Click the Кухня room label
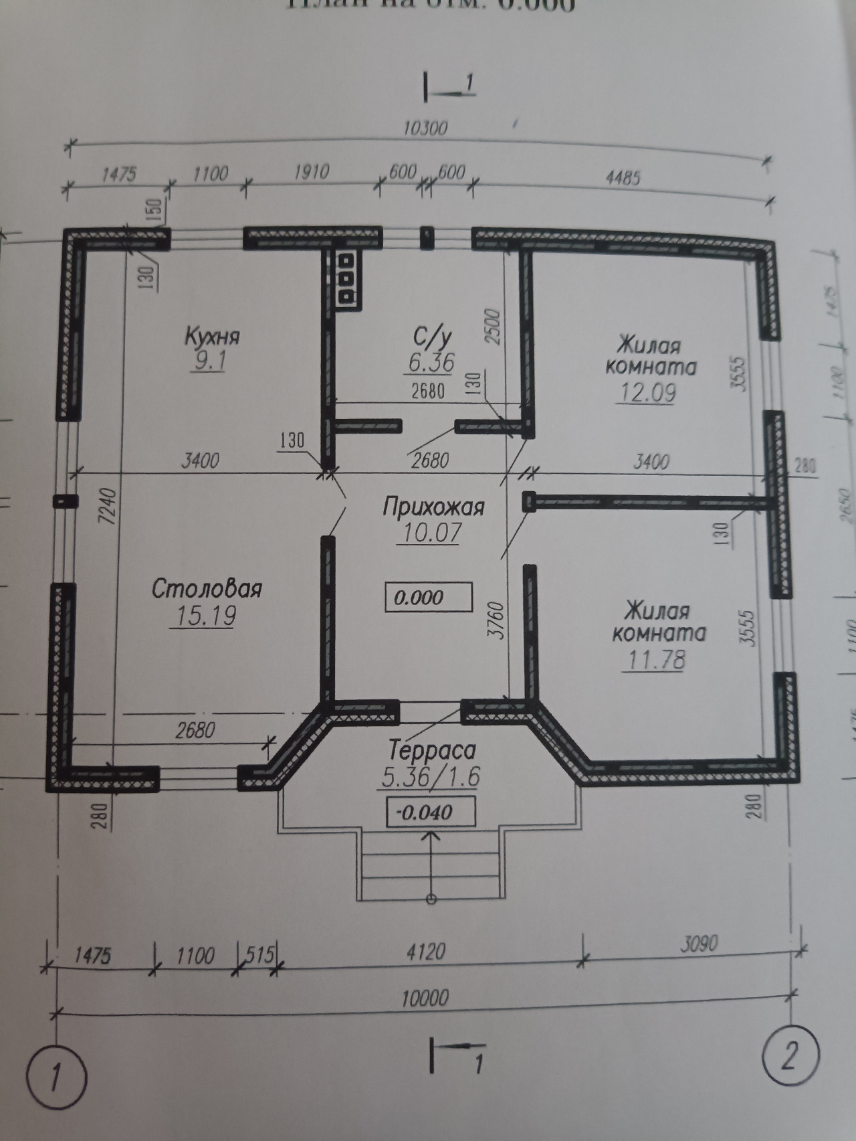click(x=212, y=336)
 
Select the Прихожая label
click(x=433, y=507)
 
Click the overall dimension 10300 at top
click(x=426, y=127)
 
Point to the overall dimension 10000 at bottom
click(x=425, y=998)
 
